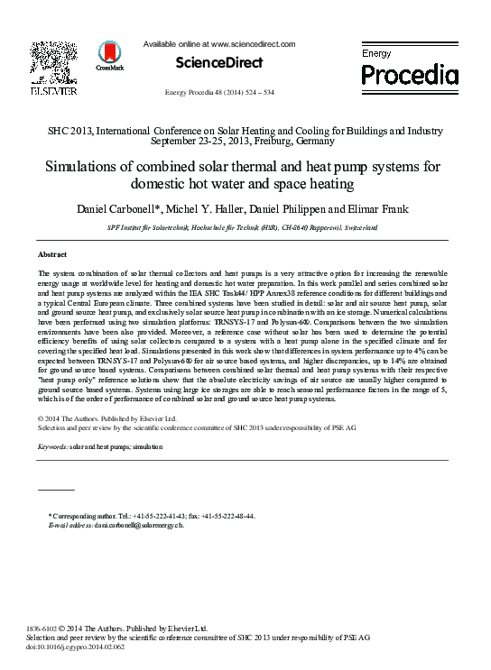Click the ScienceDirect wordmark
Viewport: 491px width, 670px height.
coord(220,63)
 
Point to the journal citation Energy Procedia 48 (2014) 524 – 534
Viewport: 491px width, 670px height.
coord(220,93)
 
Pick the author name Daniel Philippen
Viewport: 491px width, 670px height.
coord(303,209)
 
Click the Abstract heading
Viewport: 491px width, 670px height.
coord(52,255)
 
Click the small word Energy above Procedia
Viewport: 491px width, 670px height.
coord(377,54)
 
